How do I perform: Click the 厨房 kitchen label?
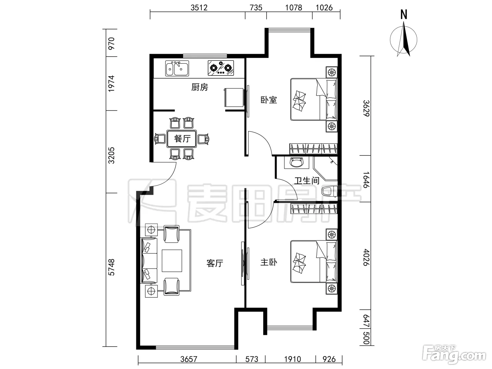[x=200, y=87]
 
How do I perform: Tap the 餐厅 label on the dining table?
[x=182, y=139]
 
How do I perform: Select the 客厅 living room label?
[x=215, y=263]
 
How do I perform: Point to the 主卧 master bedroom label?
[x=268, y=262]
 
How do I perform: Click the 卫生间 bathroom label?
[x=307, y=181]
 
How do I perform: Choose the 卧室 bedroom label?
[x=268, y=100]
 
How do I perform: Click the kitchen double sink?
[x=177, y=68]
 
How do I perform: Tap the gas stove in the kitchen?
[x=221, y=68]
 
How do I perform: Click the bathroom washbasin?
[x=296, y=162]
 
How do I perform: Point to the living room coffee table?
[x=172, y=260]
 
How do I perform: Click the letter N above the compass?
[x=404, y=14]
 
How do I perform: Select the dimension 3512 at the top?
[x=199, y=8]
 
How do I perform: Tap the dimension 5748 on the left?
[x=111, y=267]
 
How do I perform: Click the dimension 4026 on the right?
[x=366, y=258]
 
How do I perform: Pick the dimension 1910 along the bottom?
[x=292, y=360]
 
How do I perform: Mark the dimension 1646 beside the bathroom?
[x=366, y=180]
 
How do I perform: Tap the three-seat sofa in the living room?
[x=149, y=260]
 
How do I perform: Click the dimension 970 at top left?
[x=111, y=44]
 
